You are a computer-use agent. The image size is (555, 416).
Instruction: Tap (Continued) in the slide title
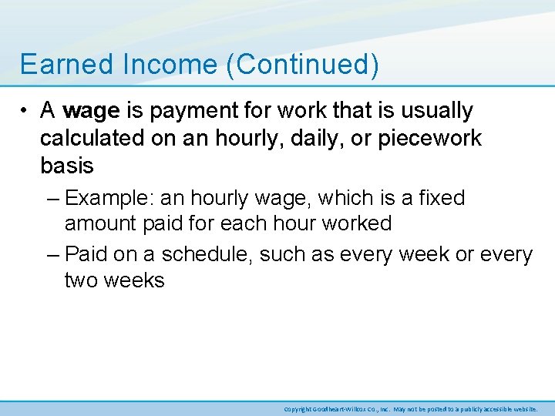coord(302,65)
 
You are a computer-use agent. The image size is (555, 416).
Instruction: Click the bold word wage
coord(91,111)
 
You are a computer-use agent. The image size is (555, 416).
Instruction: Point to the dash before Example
coord(52,199)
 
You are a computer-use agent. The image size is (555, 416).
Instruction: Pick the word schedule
coord(207,254)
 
